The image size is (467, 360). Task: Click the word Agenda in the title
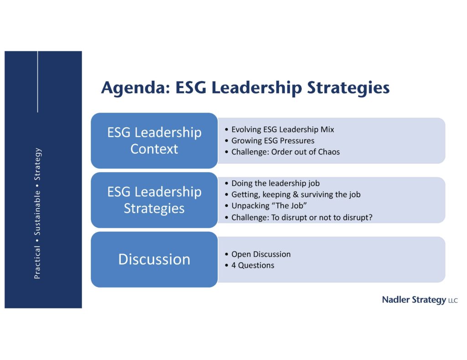coord(135,88)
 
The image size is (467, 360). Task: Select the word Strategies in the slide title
coord(348,88)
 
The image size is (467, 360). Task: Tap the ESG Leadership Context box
coord(154,141)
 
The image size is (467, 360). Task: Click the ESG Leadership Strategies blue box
coord(154,200)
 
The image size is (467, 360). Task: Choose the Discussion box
coord(154,259)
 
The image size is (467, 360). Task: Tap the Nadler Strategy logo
coord(420,300)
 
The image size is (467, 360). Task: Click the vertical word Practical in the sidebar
coord(37,262)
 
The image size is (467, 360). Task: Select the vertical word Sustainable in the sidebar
coord(37,213)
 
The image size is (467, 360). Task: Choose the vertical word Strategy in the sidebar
coord(37,164)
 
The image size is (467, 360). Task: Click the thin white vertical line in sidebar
coord(37,82)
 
